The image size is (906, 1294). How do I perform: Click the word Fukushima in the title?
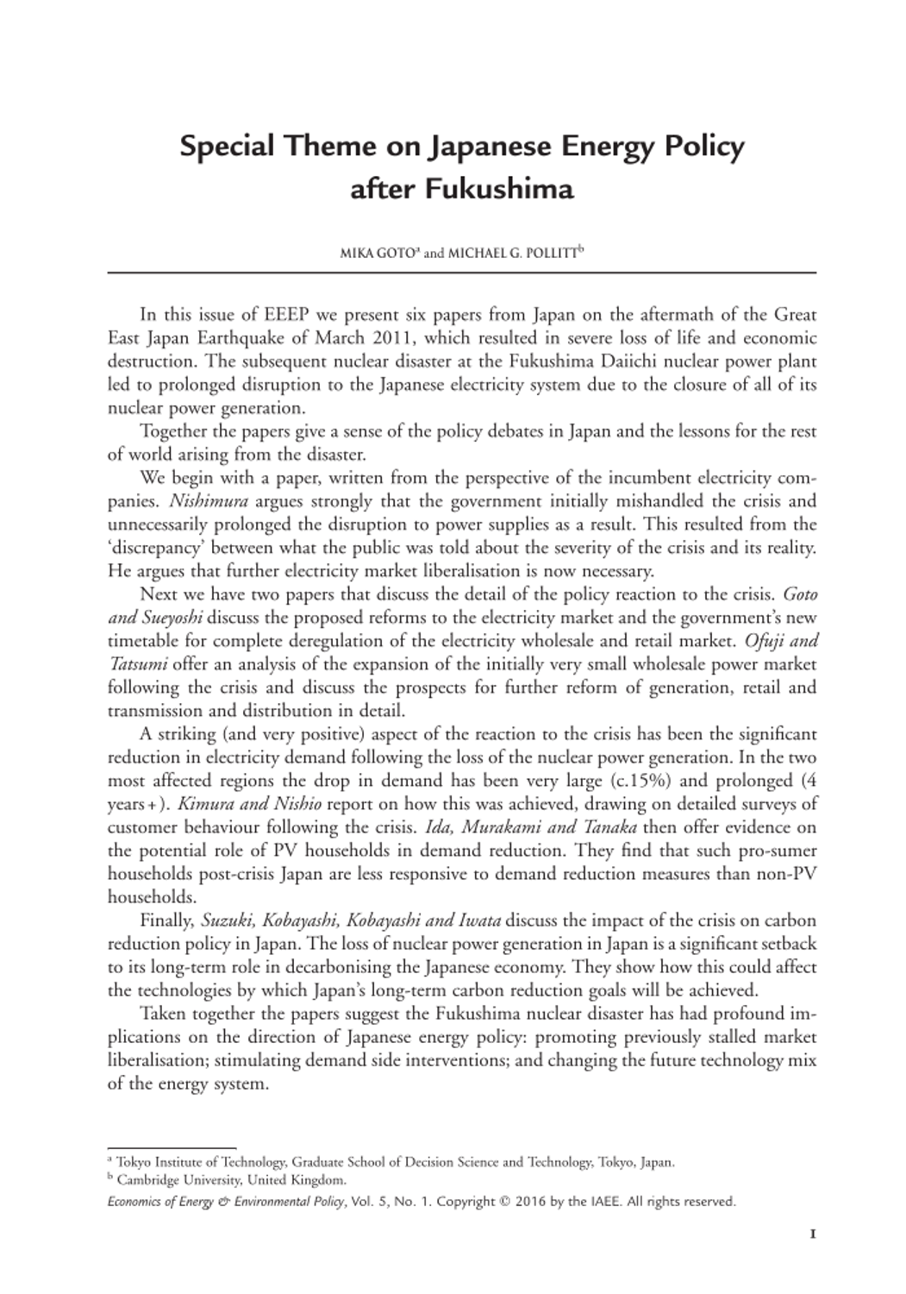(497, 188)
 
